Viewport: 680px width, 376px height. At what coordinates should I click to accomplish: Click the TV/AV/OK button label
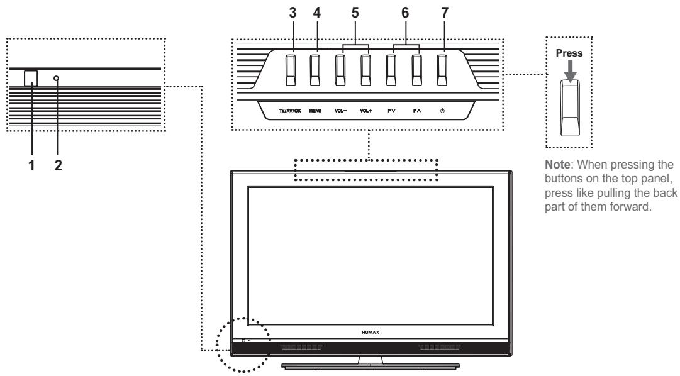pos(291,111)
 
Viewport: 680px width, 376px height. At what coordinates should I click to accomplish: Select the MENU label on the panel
pos(315,111)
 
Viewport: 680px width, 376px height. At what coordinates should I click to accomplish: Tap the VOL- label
pos(340,111)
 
